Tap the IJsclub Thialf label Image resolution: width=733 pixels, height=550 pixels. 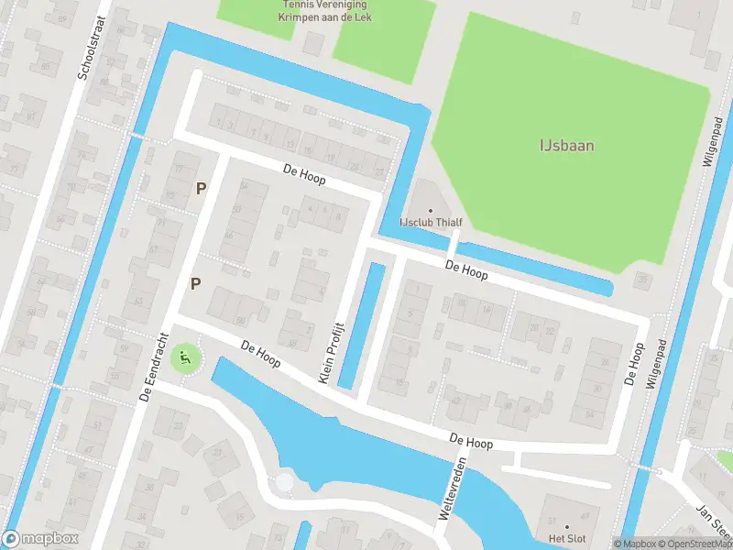click(430, 223)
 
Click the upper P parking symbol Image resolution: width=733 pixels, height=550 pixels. click(201, 188)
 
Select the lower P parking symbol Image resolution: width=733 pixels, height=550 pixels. click(195, 283)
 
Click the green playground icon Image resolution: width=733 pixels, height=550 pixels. click(186, 357)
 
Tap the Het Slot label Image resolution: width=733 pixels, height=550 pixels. click(567, 538)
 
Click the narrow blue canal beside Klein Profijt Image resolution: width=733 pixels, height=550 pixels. click(361, 325)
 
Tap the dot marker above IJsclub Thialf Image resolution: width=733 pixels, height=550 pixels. click(431, 211)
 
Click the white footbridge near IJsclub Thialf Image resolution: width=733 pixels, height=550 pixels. click(453, 243)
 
